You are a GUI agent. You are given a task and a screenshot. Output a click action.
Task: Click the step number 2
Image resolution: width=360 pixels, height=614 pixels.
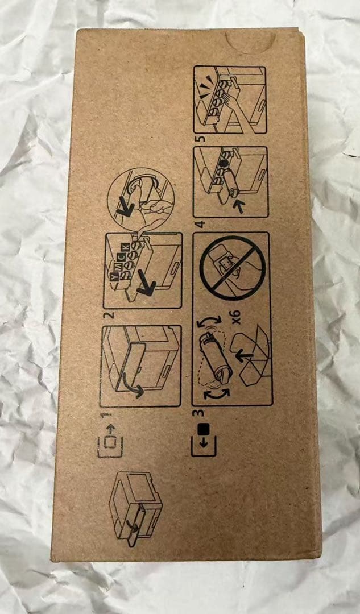pos(111,314)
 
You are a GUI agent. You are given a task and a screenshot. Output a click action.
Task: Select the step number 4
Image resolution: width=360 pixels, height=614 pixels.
pos(201,225)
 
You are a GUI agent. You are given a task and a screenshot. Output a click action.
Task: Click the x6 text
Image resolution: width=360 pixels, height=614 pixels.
pos(236,321)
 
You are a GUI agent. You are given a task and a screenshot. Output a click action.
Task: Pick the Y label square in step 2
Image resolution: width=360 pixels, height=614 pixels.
pos(114,265)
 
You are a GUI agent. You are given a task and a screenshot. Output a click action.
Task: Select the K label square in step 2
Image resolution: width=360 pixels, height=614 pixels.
pos(125,247)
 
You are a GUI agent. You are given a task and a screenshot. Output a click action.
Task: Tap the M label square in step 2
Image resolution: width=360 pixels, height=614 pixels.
pos(117,260)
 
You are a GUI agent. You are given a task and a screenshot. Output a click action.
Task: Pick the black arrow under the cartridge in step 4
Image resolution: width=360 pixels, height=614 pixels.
pos(238,206)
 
